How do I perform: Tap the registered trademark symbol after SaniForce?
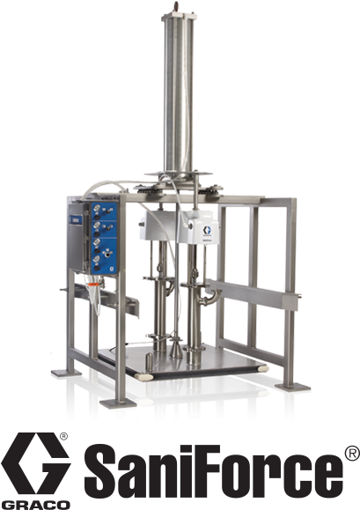click(350, 454)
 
